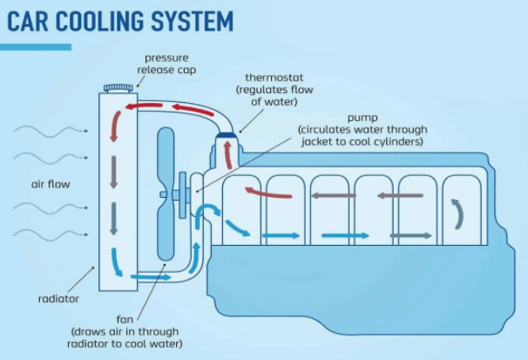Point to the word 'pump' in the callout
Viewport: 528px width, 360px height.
[x=363, y=116]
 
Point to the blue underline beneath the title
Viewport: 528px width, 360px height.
[x=37, y=46]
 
